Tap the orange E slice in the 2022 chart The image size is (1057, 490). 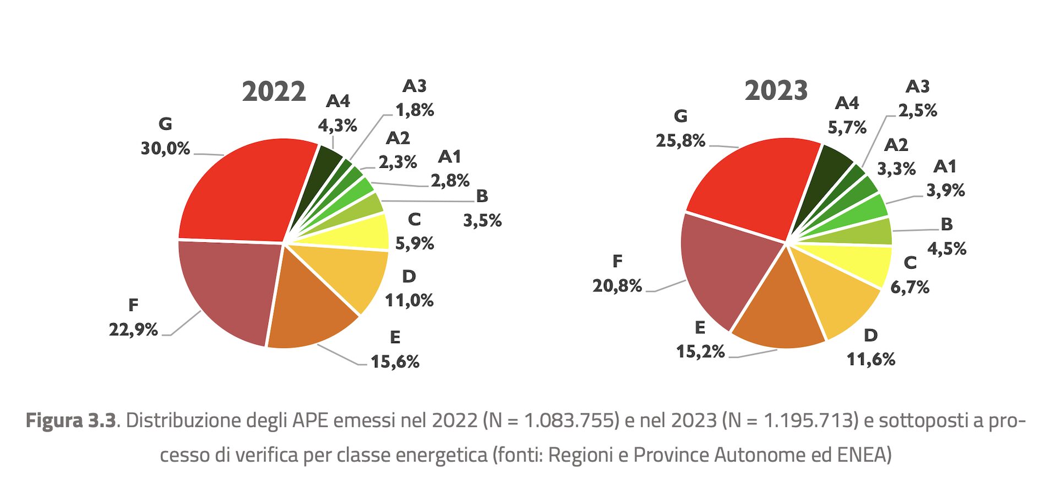coord(308,308)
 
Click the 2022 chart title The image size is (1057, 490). coord(274,91)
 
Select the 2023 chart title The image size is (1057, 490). coord(776,90)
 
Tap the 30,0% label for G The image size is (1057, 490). coord(165,148)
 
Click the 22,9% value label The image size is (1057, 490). coord(133,329)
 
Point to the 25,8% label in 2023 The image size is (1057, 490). coord(680,140)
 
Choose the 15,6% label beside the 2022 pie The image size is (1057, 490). coord(395,362)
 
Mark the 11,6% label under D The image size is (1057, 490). coord(870,360)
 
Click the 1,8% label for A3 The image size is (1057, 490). coord(415,110)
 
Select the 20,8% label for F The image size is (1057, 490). coord(617,285)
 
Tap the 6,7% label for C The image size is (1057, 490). coord(909,287)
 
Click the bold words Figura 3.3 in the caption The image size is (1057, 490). coord(71,421)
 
